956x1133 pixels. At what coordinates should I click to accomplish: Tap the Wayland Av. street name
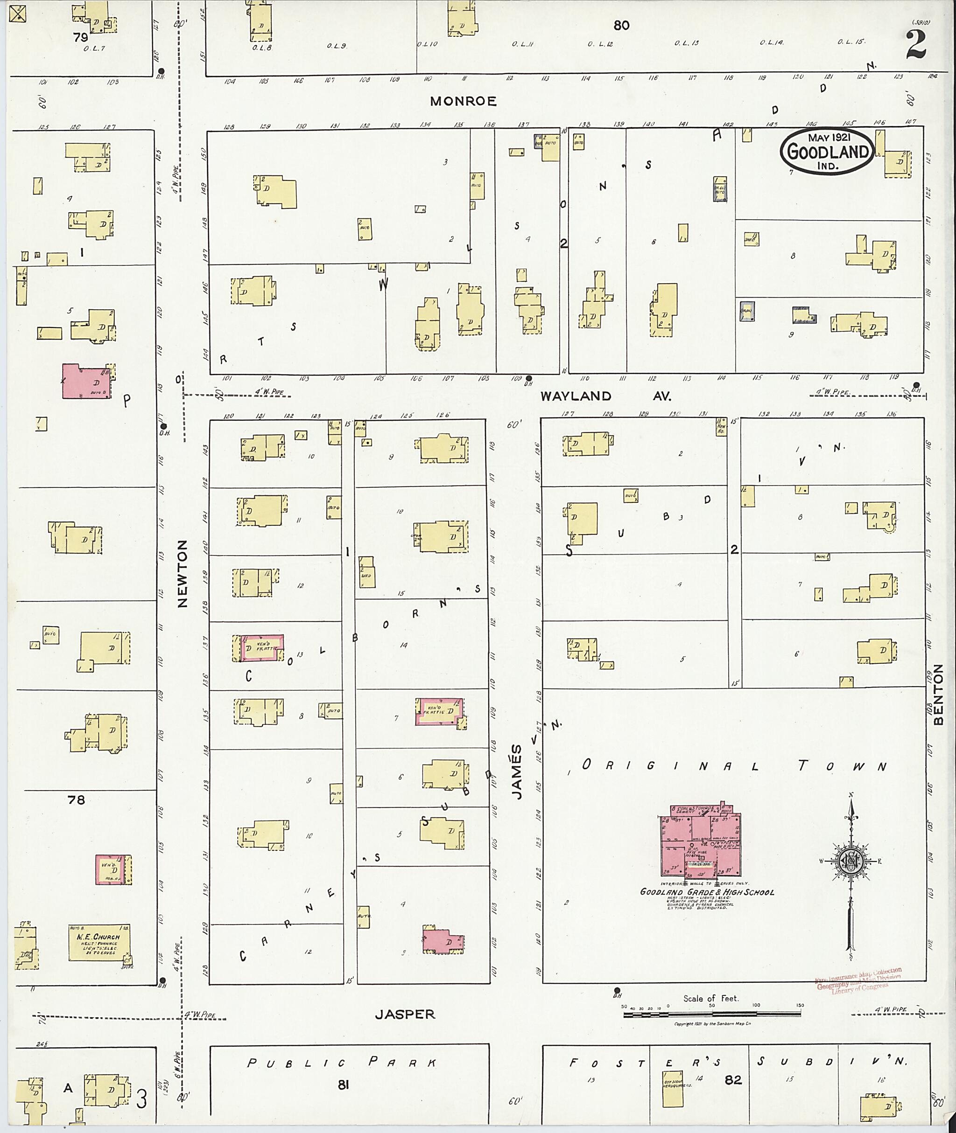[605, 396]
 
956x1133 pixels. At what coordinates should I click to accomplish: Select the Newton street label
[182, 573]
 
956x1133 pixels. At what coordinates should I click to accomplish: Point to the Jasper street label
[405, 1015]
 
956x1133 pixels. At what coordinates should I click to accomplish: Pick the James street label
[518, 772]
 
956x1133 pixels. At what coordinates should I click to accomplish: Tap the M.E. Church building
[99, 943]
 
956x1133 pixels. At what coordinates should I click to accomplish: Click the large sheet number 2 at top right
[915, 44]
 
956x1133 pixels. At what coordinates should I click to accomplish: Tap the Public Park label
[341, 1063]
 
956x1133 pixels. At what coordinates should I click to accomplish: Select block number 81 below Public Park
[343, 1084]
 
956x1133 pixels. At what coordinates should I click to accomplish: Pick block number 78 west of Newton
[77, 800]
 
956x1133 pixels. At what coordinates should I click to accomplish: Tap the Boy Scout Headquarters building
[673, 1089]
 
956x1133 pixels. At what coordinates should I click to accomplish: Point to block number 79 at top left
[81, 37]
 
